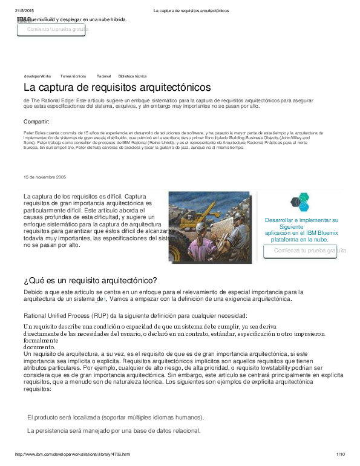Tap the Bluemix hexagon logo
pyautogui.click(x=299, y=203)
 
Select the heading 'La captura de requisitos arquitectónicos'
pyautogui.click(x=117, y=88)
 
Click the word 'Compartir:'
pyautogui.click(x=36, y=122)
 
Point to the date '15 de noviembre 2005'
pyautogui.click(x=45, y=177)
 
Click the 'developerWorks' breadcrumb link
pyautogui.click(x=38, y=76)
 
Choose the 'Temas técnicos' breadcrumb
pyautogui.click(x=73, y=76)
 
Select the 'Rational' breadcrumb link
pyautogui.click(x=103, y=76)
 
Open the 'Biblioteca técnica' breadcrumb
pyautogui.click(x=133, y=76)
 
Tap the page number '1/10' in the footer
pyautogui.click(x=340, y=454)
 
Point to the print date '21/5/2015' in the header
pyautogui.click(x=24, y=11)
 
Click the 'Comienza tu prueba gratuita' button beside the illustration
pyautogui.click(x=309, y=251)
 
